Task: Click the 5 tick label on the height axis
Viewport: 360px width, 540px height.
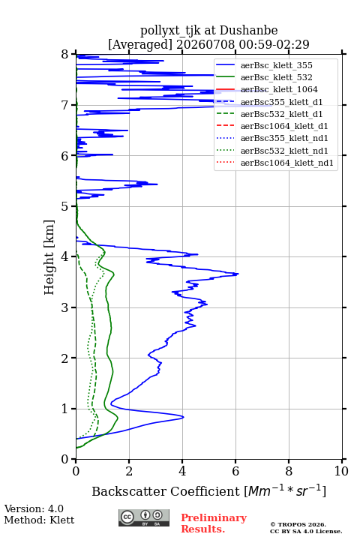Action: pyautogui.click(x=65, y=207)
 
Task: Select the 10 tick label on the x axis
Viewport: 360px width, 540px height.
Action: pyautogui.click(x=341, y=471)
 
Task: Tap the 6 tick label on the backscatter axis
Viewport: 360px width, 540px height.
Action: pyautogui.click(x=235, y=471)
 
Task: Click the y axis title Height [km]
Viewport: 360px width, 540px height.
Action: pyautogui.click(x=49, y=257)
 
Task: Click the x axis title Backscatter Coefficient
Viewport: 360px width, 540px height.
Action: pyautogui.click(x=166, y=491)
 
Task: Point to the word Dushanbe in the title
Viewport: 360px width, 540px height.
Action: pyautogui.click(x=248, y=31)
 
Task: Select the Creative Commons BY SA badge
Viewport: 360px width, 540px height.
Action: pyautogui.click(x=144, y=518)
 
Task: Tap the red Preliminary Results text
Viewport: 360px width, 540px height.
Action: pyautogui.click(x=214, y=523)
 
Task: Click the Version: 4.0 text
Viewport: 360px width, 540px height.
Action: pyautogui.click(x=34, y=508)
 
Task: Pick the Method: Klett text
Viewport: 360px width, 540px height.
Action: pyautogui.click(x=39, y=520)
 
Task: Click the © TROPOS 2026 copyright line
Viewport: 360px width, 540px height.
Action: pyautogui.click(x=298, y=524)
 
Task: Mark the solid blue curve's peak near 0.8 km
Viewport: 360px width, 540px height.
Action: pyautogui.click(x=184, y=417)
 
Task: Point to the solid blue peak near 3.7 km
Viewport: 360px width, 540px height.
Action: pyautogui.click(x=238, y=274)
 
